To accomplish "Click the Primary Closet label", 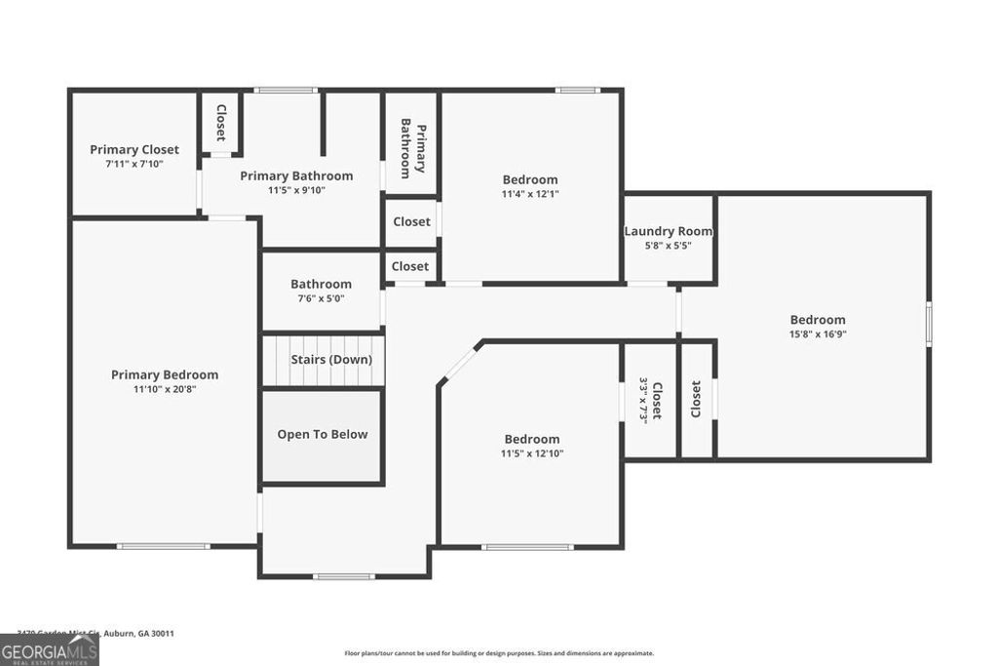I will (x=134, y=149).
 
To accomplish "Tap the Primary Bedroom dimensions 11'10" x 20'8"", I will (x=165, y=389).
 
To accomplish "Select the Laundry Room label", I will (x=668, y=231).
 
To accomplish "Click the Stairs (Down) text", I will (x=331, y=359).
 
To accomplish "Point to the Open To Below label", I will (x=323, y=434).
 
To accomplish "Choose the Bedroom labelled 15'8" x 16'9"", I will (x=817, y=320).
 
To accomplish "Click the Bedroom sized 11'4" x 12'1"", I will (x=530, y=179).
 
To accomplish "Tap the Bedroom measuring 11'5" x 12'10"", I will (x=531, y=439).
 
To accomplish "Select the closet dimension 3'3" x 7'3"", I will (x=643, y=400).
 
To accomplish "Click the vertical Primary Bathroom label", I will (x=413, y=148).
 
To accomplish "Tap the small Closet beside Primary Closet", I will (x=221, y=123).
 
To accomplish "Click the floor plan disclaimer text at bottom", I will (x=499, y=653).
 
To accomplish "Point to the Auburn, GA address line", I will (x=96, y=633).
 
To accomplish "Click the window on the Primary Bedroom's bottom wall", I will (x=163, y=546).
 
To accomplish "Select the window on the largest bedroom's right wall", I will (x=929, y=324).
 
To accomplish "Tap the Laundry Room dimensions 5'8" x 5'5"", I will (x=668, y=246).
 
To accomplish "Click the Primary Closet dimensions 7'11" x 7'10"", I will (x=134, y=164).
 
